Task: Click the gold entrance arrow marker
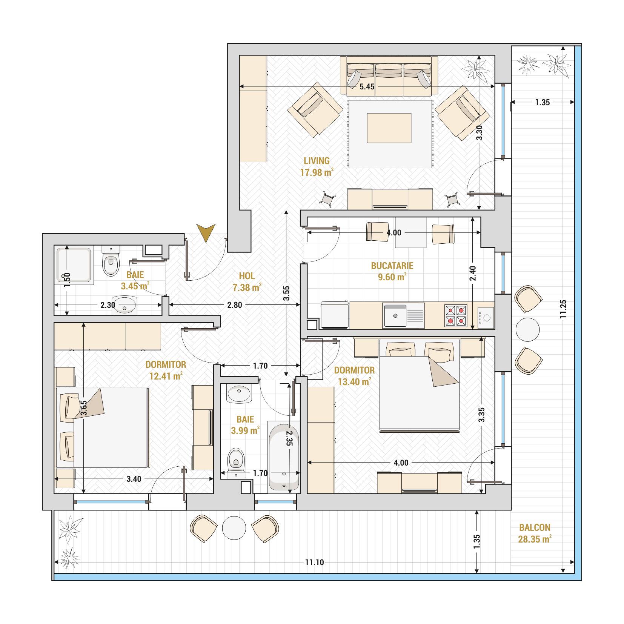pos(206,232)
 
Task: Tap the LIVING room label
pos(317,161)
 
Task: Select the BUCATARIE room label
pos(392,266)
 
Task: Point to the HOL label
pos(247,276)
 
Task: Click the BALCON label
pos(535,527)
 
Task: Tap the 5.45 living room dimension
pos(367,87)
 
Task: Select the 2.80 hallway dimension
pos(235,305)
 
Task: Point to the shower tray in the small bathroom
pos(74,265)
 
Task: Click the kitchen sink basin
pos(395,315)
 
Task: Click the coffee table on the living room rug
pos(389,128)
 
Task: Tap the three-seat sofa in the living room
pos(389,75)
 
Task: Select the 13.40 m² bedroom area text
pos(354,382)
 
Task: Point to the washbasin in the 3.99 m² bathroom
pos(239,394)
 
